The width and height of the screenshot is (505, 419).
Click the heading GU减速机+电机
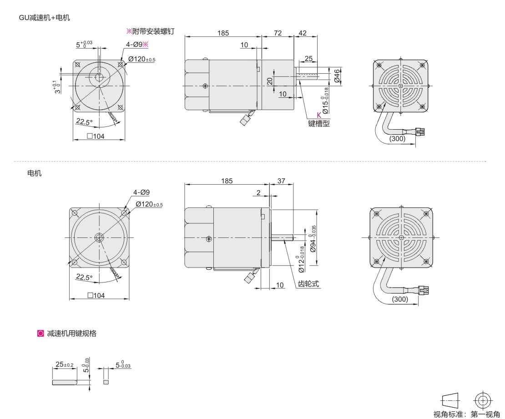pos(45,18)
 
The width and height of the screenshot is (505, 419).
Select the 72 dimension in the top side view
pos(278,33)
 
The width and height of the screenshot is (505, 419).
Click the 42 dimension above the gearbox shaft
pos(303,33)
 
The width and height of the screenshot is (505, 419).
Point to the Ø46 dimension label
pos(337,76)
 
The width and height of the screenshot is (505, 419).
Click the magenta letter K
pos(319,115)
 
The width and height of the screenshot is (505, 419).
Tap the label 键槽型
pos(319,123)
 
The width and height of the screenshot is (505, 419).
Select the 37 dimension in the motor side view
pos(281,181)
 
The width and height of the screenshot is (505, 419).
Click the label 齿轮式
pos(308,284)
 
